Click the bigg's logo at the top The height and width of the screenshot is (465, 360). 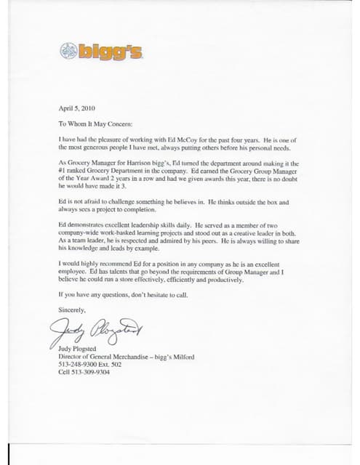pos(101,51)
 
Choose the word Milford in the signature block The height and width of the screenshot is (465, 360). pos(183,357)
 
